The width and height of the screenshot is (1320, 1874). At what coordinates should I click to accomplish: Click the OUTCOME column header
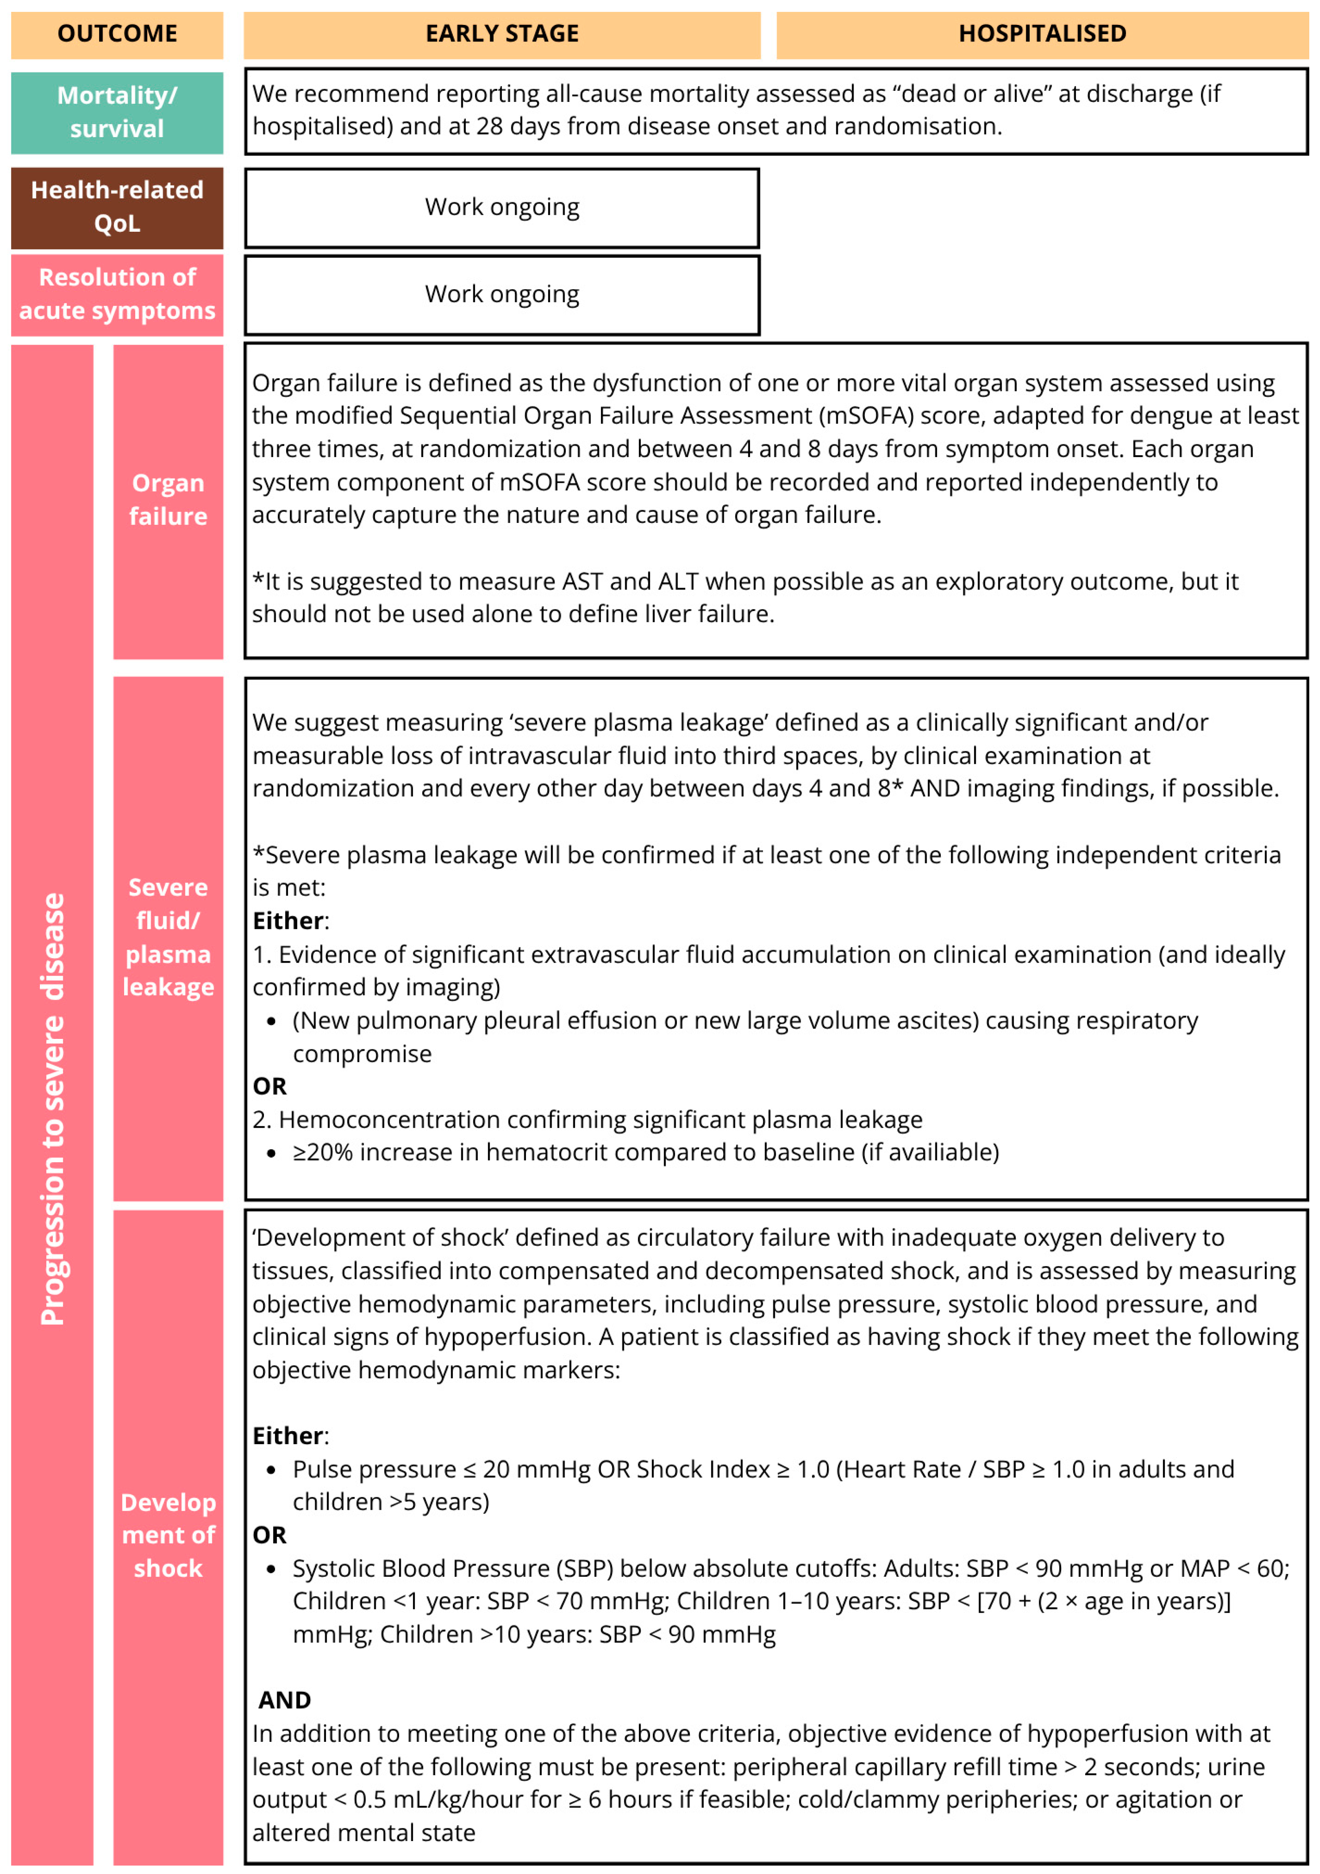[x=117, y=33]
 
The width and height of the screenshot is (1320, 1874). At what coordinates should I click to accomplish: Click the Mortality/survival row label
[x=117, y=112]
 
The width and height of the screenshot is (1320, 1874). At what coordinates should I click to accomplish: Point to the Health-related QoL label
[x=117, y=206]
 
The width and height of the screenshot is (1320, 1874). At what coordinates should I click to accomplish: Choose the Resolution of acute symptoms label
[x=117, y=294]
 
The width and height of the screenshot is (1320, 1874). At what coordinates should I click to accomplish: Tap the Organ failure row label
[x=168, y=500]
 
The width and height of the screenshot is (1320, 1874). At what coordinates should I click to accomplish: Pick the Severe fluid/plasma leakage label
[x=168, y=937]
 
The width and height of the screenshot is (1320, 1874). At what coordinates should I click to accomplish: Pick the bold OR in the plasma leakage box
[x=269, y=1086]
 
